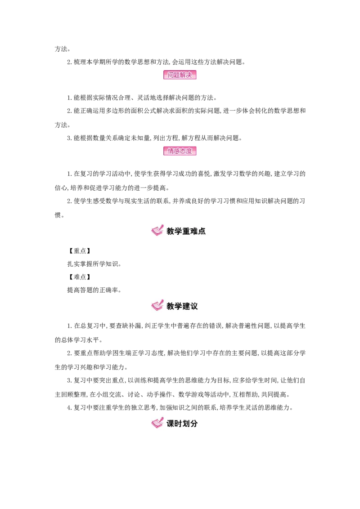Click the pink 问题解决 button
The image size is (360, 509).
pyautogui.click(x=180, y=75)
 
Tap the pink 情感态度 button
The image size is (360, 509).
pyautogui.click(x=180, y=151)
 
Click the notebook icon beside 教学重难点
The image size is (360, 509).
pyautogui.click(x=157, y=231)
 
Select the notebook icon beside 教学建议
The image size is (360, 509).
pyautogui.click(x=157, y=305)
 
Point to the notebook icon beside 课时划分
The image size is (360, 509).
pyautogui.click(x=157, y=423)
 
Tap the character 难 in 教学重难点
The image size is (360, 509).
pyautogui.click(x=194, y=231)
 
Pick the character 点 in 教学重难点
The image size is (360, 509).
pyautogui.click(x=202, y=231)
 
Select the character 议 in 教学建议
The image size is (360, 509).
pyautogui.click(x=194, y=306)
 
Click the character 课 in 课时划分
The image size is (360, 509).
pyautogui.click(x=171, y=424)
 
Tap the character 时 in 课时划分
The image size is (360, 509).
pyautogui.click(x=178, y=424)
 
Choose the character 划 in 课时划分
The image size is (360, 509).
pyautogui.click(x=186, y=424)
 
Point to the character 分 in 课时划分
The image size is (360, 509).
pyautogui.click(x=194, y=424)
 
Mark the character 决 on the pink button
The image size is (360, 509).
pyautogui.click(x=189, y=75)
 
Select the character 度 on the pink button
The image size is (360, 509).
pyautogui.click(x=189, y=151)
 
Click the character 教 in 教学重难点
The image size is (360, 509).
pyautogui.click(x=171, y=231)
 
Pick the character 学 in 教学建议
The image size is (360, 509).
pyautogui.click(x=178, y=306)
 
